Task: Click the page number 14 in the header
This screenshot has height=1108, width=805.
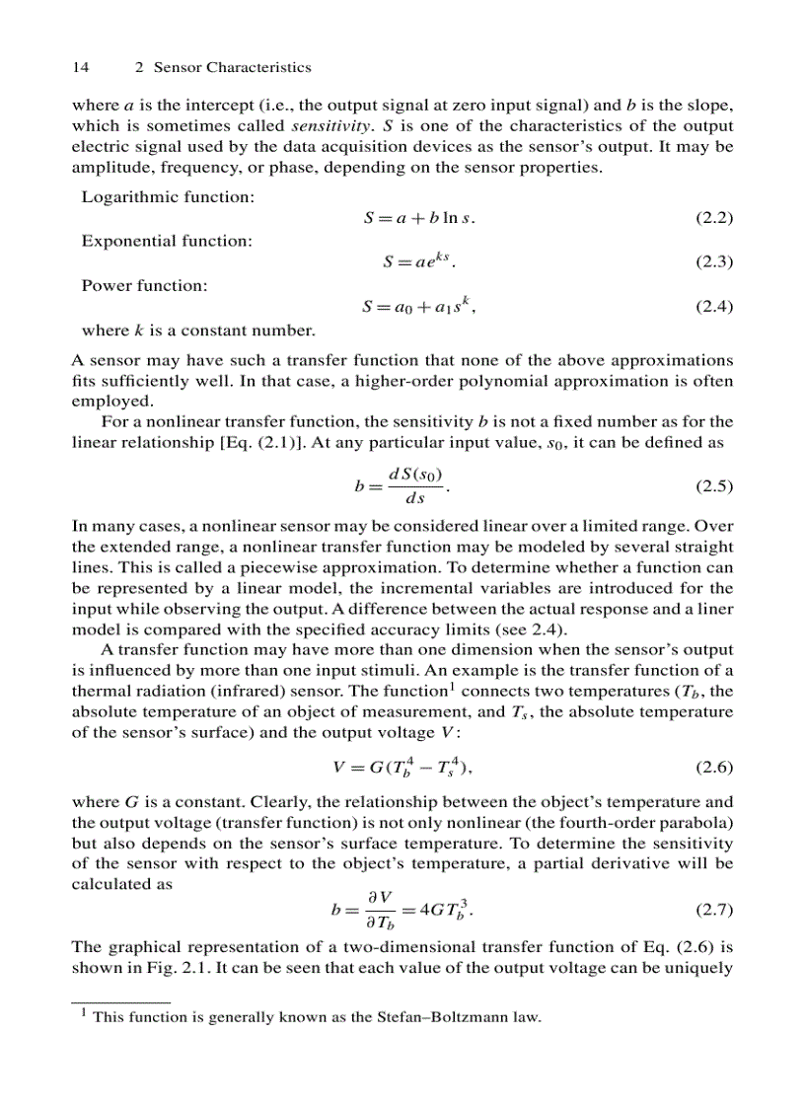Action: click(x=81, y=67)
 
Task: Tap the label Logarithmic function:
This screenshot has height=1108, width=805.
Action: click(x=168, y=196)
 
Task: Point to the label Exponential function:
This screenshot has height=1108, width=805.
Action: click(x=167, y=241)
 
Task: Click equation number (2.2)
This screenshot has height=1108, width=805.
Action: click(x=714, y=218)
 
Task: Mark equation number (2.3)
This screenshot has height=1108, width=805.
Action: click(x=714, y=262)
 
